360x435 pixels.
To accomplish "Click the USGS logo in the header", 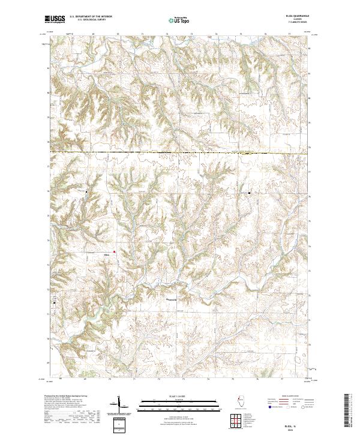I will [55, 19].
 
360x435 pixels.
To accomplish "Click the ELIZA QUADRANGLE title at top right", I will [296, 16].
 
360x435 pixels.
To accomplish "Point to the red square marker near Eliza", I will [115, 252].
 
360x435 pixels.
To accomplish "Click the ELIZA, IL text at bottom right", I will [296, 418].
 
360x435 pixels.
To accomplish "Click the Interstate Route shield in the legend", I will [268, 406].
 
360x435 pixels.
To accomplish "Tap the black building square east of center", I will [250, 193].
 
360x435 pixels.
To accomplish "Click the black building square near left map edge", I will [54, 303].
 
